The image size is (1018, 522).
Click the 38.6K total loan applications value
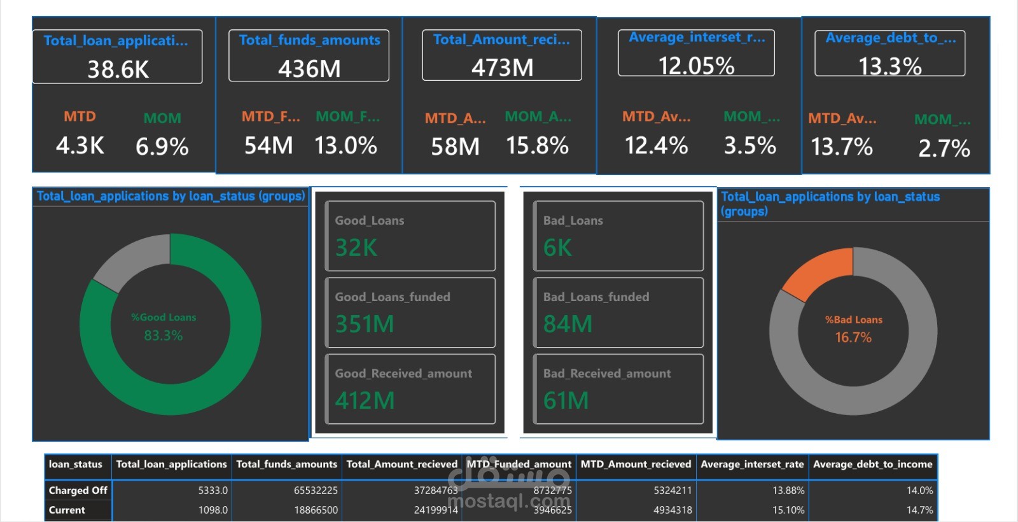tap(118, 69)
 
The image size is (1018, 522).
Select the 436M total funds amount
tap(309, 69)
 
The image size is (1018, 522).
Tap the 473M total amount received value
tap(502, 67)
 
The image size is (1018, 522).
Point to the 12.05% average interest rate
tap(696, 66)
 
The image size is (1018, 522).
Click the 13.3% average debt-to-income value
tap(889, 66)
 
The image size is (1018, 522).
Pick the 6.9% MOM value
tap(162, 147)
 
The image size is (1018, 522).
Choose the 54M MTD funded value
tap(268, 146)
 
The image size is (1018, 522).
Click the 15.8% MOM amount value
tap(537, 146)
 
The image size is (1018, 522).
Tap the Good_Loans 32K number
tap(356, 248)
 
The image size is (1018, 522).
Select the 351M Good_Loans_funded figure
tap(365, 324)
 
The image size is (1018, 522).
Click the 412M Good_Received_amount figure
tap(365, 400)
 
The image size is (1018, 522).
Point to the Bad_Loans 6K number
tap(557, 248)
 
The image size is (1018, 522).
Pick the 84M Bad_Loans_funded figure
tap(568, 324)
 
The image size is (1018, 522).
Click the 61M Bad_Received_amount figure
tap(566, 400)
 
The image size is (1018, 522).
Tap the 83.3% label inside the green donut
tap(163, 335)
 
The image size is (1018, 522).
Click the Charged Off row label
tap(78, 490)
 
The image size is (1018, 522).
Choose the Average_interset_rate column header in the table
tap(752, 464)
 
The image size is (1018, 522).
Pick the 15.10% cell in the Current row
tap(788, 510)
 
